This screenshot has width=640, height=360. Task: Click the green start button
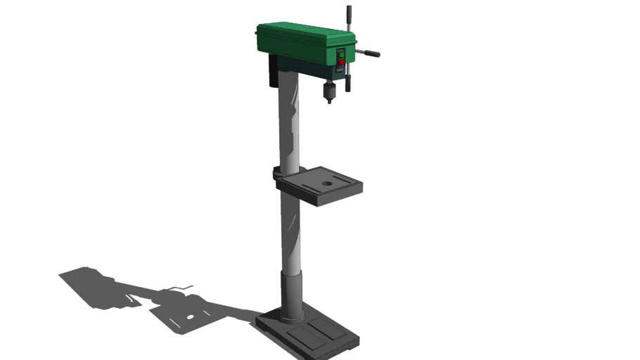point(340,53)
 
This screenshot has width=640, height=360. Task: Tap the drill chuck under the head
point(328,91)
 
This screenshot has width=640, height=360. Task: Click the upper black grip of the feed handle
point(347,13)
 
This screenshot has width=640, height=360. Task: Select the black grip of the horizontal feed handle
point(372,53)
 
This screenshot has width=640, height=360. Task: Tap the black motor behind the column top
point(272,72)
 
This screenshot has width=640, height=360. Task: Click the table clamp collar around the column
point(280,172)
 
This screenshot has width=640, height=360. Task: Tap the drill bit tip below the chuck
point(329,103)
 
